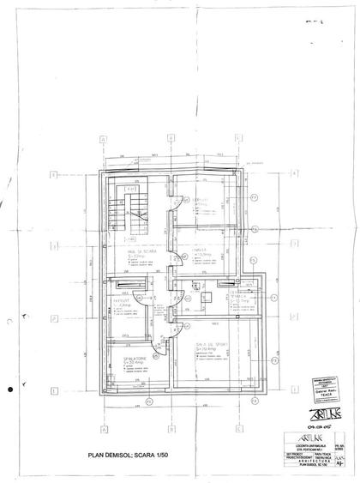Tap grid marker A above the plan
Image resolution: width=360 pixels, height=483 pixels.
102,141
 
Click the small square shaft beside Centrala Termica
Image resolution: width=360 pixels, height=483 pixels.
207,297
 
